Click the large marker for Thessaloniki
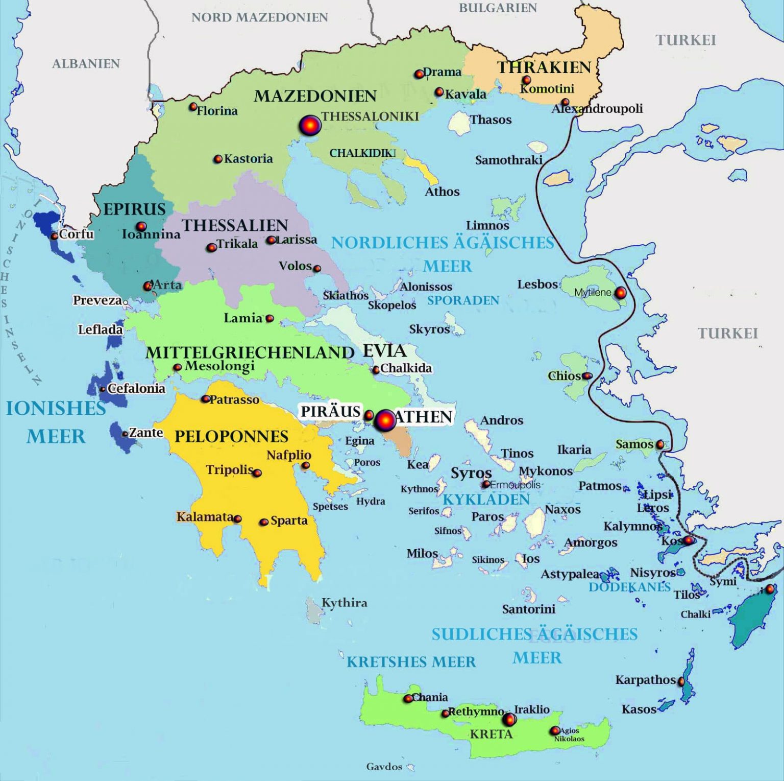[x=310, y=125]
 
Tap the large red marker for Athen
[x=385, y=420]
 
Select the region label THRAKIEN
[x=544, y=67]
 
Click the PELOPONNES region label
[x=231, y=436]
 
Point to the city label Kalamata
[x=205, y=517]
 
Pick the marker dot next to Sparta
[x=264, y=522]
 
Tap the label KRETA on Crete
[x=491, y=734]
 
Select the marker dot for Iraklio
[x=509, y=720]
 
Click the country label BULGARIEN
[x=498, y=8]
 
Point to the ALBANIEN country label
[x=86, y=64]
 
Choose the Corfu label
[x=76, y=234]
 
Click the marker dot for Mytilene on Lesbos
[x=620, y=293]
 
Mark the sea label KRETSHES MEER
[x=411, y=662]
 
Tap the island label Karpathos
[x=645, y=680]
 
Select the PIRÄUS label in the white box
[x=330, y=412]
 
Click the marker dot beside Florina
[x=193, y=107]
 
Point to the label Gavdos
[x=384, y=767]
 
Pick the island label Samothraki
[x=508, y=160]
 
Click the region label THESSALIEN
[x=235, y=225]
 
